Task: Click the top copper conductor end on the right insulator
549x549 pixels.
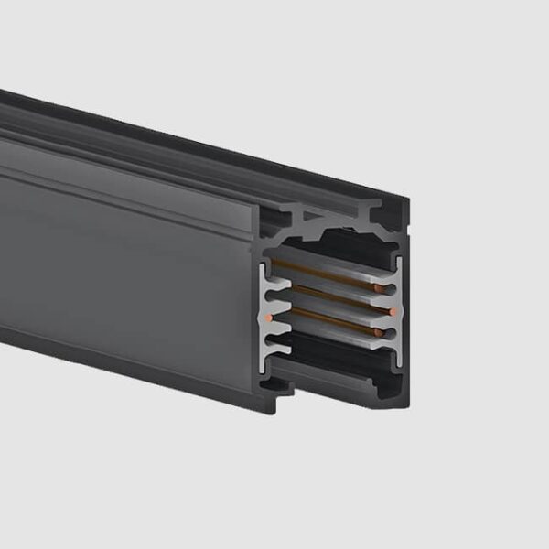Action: click(x=391, y=289)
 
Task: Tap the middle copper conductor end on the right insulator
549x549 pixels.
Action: click(x=393, y=312)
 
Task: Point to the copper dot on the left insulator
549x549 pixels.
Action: click(x=268, y=317)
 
